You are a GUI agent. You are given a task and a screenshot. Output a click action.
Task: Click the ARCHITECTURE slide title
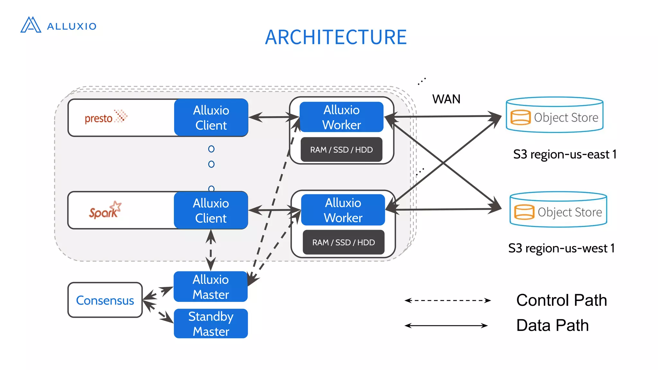(336, 37)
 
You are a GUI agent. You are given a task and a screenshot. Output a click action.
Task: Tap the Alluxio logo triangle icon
(31, 25)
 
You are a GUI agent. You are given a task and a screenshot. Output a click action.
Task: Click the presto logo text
(99, 119)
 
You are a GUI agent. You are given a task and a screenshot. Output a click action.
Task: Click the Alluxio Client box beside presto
(211, 118)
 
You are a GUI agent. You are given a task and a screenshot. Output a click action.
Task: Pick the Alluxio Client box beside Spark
(211, 210)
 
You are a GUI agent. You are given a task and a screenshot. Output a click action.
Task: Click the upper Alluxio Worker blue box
(342, 117)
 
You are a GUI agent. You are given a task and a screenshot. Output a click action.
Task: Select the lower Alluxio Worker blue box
(343, 210)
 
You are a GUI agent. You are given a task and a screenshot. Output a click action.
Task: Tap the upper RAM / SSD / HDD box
(341, 150)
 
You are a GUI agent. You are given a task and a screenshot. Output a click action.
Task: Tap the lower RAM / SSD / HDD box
(343, 242)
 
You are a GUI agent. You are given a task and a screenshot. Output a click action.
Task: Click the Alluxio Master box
(211, 287)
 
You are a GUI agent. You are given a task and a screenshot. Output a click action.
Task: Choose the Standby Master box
(211, 324)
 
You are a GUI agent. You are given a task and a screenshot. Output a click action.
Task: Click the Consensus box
(105, 300)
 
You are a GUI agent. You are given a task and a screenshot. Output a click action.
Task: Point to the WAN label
(446, 99)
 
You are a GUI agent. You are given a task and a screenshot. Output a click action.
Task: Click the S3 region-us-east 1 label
(565, 154)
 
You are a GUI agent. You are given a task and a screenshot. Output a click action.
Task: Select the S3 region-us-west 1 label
(561, 248)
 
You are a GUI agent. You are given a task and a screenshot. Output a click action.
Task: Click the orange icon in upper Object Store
(520, 117)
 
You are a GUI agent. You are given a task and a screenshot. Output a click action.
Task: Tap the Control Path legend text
(561, 300)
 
